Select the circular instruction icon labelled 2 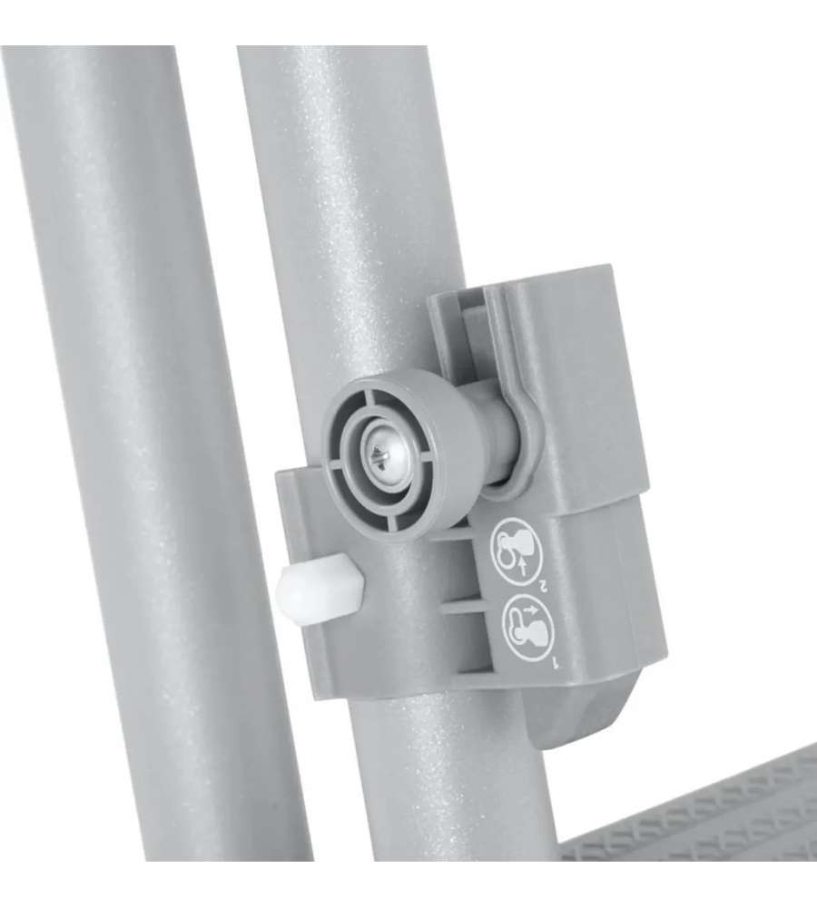coord(516,550)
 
